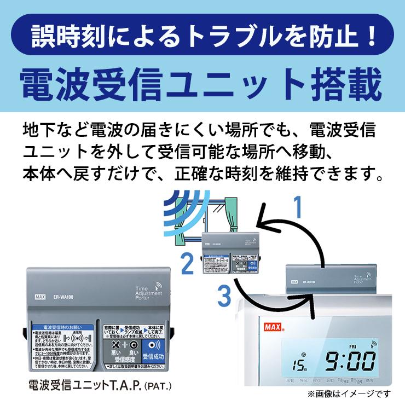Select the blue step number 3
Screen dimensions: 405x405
click(x=223, y=296)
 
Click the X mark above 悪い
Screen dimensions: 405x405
click(x=115, y=345)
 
